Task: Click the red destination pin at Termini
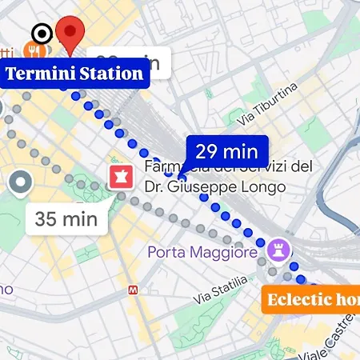coord(73,34)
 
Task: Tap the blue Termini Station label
coord(75,75)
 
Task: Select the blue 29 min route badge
coord(226,150)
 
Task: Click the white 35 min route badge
coord(66,217)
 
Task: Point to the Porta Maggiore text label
coord(202,253)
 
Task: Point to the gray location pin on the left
coord(21,183)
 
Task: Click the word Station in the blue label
coord(114,75)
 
